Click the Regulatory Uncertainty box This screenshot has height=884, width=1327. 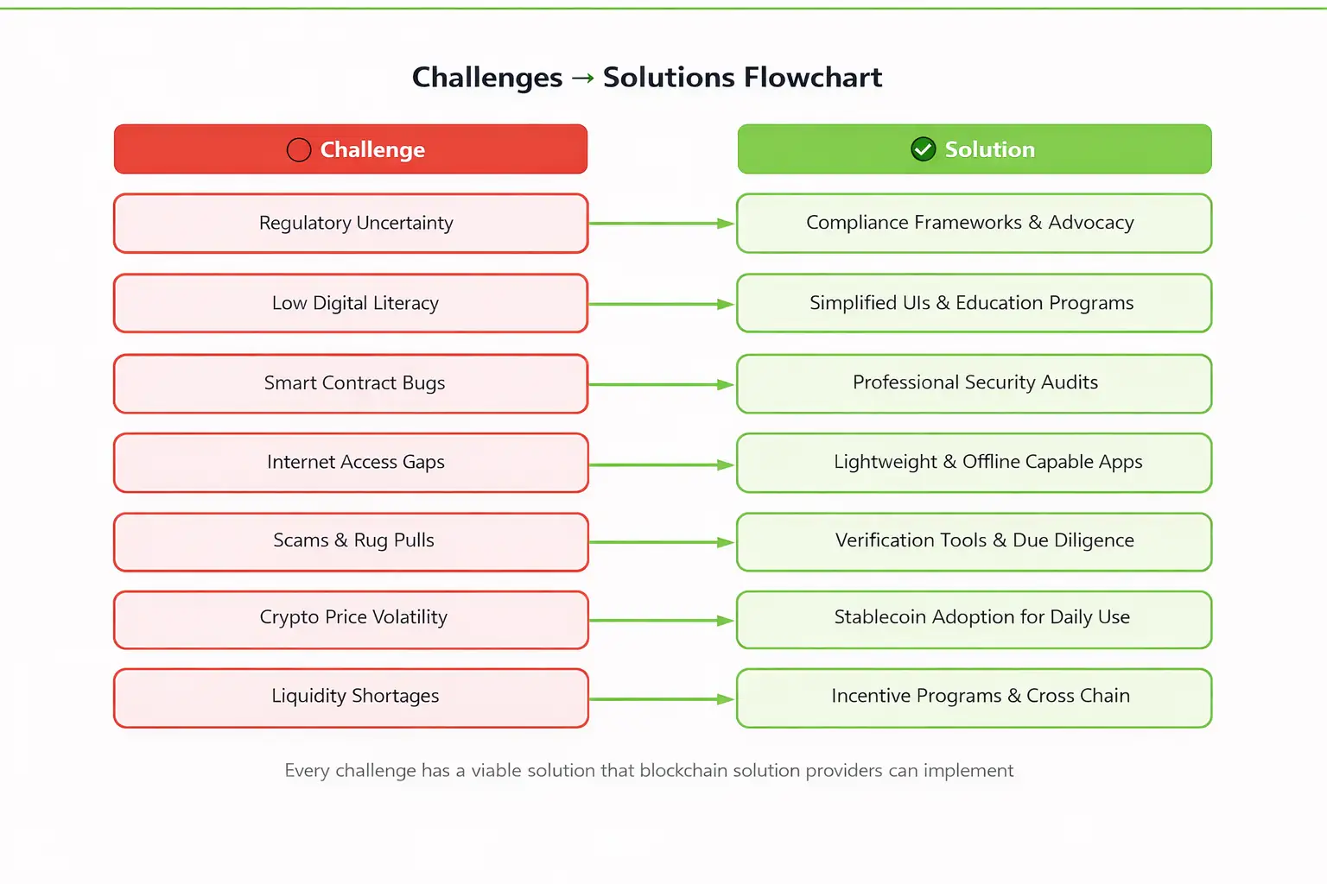[351, 224]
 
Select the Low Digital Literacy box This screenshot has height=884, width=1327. [351, 303]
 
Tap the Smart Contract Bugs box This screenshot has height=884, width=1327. [351, 383]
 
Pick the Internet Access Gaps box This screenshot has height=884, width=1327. [351, 463]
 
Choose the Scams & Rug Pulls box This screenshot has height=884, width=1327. [351, 541]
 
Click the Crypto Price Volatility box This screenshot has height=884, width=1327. [351, 619]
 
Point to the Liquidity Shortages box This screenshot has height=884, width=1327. [351, 698]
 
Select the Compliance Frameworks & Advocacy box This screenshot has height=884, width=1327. [974, 224]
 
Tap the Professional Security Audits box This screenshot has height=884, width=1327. [974, 383]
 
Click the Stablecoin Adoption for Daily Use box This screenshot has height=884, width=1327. [974, 619]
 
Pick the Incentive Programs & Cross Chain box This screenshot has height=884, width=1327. [974, 698]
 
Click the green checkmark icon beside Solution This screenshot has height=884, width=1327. [923, 149]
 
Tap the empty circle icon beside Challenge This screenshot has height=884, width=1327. [298, 150]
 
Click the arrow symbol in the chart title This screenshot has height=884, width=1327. [583, 79]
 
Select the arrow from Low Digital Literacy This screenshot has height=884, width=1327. [662, 304]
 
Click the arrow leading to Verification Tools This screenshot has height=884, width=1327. [662, 542]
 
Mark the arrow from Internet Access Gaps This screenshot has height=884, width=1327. [662, 464]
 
